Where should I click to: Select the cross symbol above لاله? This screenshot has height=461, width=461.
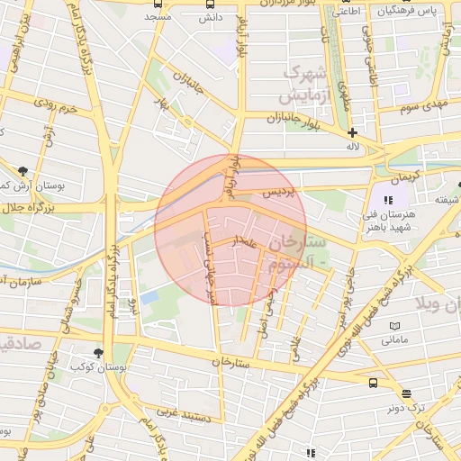(x=352, y=132)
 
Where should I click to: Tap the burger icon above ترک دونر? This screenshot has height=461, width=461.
(x=406, y=393)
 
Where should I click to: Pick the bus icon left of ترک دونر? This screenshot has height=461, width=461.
(x=374, y=383)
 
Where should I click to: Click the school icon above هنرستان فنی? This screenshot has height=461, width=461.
(x=389, y=200)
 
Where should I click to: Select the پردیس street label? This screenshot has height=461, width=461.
(x=278, y=194)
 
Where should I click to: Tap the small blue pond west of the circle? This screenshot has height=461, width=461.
(x=149, y=296)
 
